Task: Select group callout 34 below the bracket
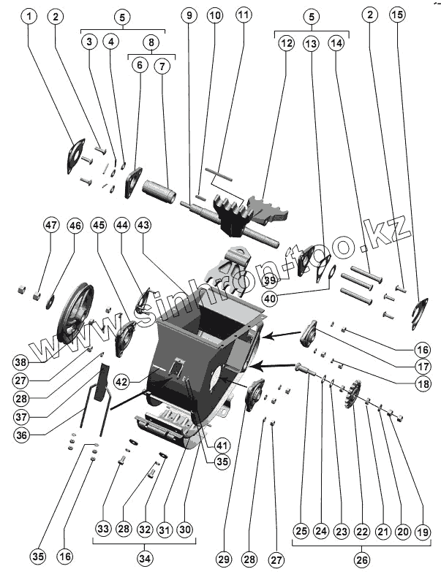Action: point(146,558)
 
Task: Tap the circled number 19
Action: point(422,532)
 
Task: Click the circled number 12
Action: point(285,44)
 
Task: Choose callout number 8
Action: point(151,42)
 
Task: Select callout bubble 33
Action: point(102,528)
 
